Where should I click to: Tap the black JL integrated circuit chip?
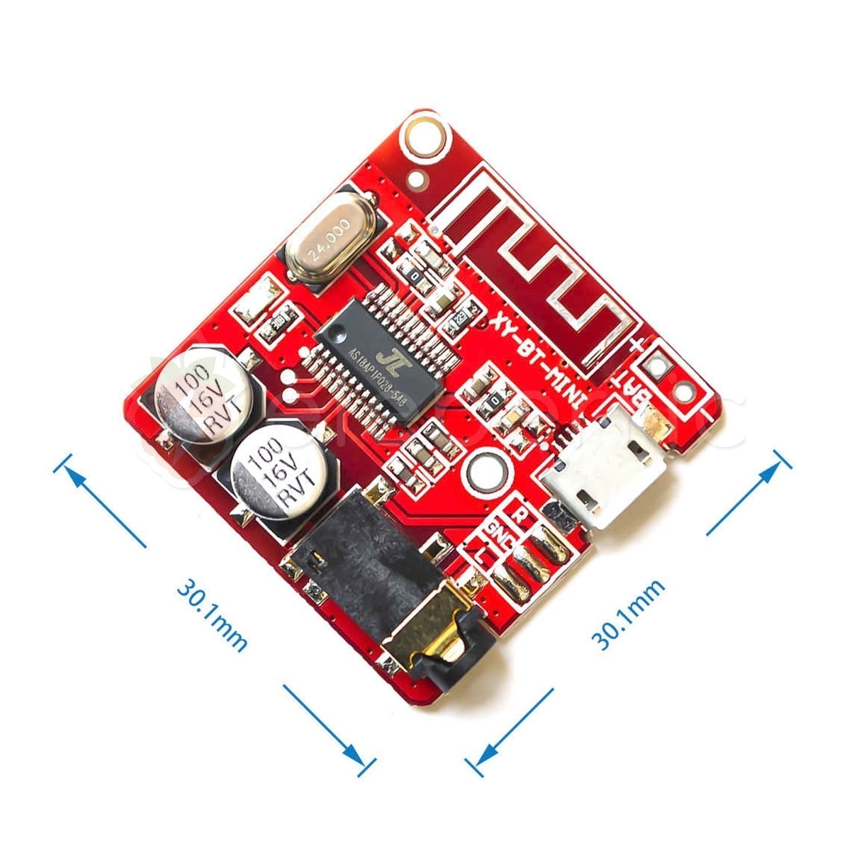tap(384, 362)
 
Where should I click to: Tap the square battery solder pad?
tap(658, 364)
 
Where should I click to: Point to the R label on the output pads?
tap(521, 513)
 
